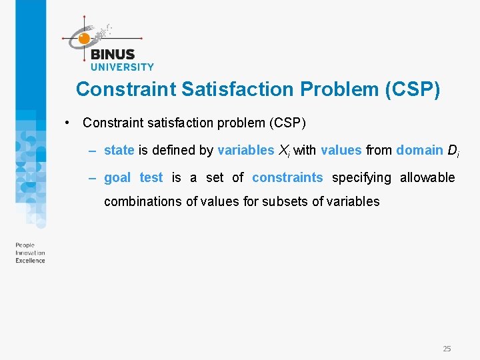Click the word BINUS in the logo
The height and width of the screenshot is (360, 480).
point(112,55)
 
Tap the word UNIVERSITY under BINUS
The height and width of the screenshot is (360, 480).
point(121,67)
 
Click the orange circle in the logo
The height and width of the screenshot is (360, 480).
point(84,39)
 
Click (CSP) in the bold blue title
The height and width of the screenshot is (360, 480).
point(413,89)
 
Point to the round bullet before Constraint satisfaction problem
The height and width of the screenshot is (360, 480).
point(68,123)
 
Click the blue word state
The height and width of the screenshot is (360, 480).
point(119,150)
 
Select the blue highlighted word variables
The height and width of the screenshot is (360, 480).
point(245,150)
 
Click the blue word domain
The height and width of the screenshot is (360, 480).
point(419,150)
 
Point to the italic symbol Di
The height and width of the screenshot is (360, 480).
point(453,151)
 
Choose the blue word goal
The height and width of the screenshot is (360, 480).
point(117,177)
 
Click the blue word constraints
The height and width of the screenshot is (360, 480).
point(287,177)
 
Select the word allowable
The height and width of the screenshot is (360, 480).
point(427,177)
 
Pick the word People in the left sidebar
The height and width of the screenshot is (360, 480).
point(25,245)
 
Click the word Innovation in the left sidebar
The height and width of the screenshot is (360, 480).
point(30,253)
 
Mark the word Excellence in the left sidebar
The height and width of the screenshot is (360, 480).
point(30,261)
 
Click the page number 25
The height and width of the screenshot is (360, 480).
point(447,349)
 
